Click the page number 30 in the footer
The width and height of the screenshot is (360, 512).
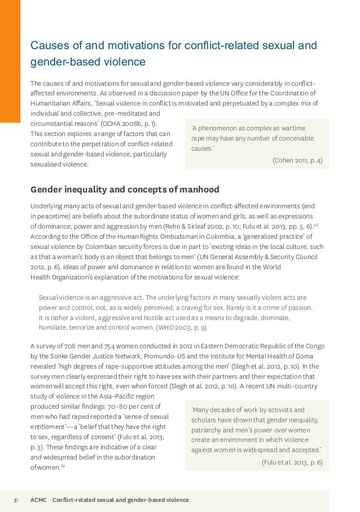pyautogui.click(x=16, y=500)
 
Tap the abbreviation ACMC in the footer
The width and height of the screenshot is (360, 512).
pyautogui.click(x=39, y=500)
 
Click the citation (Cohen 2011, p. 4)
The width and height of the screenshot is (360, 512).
pyautogui.click(x=297, y=160)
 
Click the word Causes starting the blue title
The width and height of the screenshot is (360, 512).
pyautogui.click(x=48, y=45)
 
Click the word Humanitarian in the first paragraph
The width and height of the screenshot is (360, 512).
pyautogui.click(x=52, y=103)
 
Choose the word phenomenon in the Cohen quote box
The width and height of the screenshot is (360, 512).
pyautogui.click(x=222, y=128)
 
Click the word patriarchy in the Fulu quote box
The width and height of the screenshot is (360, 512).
pyautogui.click(x=209, y=430)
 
